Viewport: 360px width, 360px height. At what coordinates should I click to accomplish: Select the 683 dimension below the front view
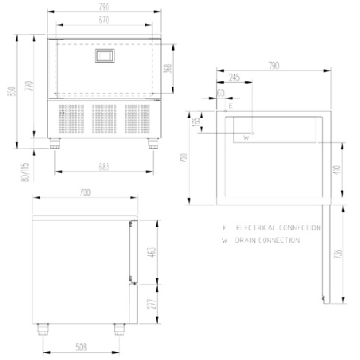click(x=104, y=166)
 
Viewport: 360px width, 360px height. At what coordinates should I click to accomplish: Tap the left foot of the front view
click(x=55, y=143)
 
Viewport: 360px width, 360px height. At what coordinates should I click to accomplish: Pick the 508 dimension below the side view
click(x=82, y=347)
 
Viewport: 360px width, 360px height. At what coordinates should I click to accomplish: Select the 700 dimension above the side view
click(x=84, y=194)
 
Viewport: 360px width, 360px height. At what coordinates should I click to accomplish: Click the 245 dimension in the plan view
click(x=233, y=78)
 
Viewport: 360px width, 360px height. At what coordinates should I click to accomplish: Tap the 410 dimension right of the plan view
click(x=338, y=170)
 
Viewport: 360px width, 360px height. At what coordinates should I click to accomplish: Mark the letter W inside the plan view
click(x=246, y=138)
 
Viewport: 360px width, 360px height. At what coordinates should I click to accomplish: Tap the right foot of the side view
click(x=119, y=327)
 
